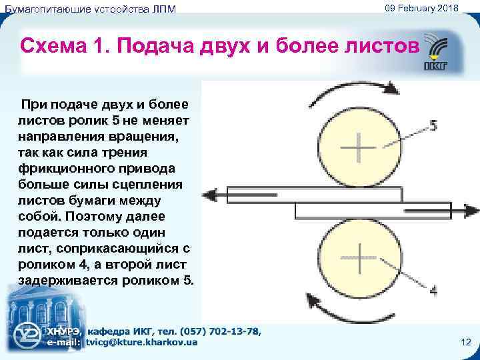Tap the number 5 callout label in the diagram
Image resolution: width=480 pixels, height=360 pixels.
click(433, 125)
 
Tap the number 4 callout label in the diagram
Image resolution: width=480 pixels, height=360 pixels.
click(433, 291)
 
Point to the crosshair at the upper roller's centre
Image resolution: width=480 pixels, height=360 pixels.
click(357, 146)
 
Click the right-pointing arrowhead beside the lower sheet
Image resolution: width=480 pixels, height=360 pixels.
click(472, 211)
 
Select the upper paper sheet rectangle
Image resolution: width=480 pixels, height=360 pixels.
click(314, 195)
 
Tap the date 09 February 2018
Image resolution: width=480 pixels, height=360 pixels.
click(421, 7)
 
